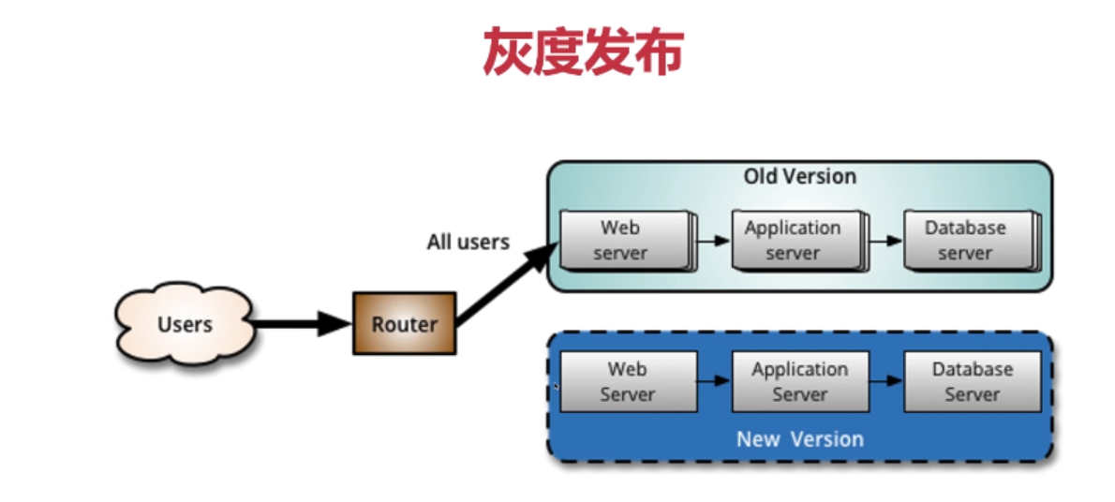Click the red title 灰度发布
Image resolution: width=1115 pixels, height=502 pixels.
(583, 52)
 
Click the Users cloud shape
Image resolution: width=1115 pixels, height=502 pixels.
(185, 324)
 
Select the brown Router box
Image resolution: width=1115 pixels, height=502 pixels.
(404, 324)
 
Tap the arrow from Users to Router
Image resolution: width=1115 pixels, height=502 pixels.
(300, 324)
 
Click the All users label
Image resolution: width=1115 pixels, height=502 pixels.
(468, 243)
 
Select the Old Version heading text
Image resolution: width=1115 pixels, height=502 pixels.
(799, 176)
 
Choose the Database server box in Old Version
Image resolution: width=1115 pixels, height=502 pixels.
(967, 240)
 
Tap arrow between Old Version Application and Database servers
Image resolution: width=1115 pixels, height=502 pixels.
(884, 241)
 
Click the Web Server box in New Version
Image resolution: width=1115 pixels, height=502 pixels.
(628, 381)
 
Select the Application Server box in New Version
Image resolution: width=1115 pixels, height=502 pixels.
(799, 381)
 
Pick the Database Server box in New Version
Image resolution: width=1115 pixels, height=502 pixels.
(972, 381)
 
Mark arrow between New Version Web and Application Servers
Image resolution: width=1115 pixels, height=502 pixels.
(714, 381)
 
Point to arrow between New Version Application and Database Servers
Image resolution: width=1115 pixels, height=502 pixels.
(885, 381)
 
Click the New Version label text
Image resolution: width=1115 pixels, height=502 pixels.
(799, 439)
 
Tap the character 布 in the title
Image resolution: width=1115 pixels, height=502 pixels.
(659, 52)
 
